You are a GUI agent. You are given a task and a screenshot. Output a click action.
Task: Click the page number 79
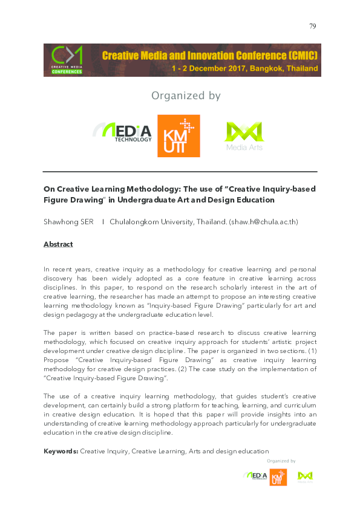tap(312, 26)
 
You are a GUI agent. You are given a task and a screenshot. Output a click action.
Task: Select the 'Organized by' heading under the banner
tap(186, 96)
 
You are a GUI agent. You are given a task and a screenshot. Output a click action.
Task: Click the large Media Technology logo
tap(122, 132)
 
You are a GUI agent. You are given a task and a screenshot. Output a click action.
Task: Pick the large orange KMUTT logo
tap(178, 136)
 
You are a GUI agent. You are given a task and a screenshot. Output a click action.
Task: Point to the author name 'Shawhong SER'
tap(68, 222)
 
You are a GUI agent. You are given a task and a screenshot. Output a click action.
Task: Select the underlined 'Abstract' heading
tap(58, 244)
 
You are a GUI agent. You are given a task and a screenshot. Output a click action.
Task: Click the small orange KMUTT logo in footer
tap(278, 478)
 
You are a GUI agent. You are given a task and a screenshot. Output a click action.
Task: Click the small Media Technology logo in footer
tap(255, 476)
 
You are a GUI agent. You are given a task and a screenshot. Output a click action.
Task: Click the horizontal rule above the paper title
tap(180, 172)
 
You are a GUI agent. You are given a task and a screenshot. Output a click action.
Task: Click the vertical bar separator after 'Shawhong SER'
tap(103, 222)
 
